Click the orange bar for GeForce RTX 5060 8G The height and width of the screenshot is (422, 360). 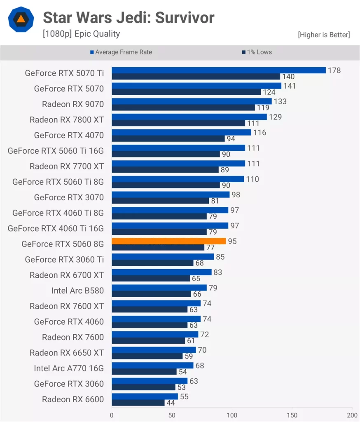click(169, 241)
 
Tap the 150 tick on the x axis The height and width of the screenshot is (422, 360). click(292, 415)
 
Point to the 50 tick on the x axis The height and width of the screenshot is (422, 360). click(172, 415)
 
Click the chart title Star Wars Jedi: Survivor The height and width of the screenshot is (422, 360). click(129, 18)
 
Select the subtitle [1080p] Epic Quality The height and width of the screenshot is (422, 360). click(81, 34)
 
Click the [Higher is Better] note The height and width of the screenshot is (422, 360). click(324, 35)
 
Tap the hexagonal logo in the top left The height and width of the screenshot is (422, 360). click(21, 19)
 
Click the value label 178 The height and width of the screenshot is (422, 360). click(334, 70)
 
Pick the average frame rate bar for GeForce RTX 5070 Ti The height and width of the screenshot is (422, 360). click(219, 70)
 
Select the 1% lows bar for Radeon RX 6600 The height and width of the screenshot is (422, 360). click(138, 403)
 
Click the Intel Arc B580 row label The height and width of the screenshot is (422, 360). click(77, 291)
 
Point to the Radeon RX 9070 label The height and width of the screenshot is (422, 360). click(73, 104)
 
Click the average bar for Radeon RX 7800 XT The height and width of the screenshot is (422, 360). click(189, 117)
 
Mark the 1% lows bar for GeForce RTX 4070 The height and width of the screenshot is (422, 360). click(168, 138)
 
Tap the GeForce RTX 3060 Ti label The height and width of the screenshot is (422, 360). click(64, 259)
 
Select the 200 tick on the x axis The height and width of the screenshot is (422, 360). click(352, 415)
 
